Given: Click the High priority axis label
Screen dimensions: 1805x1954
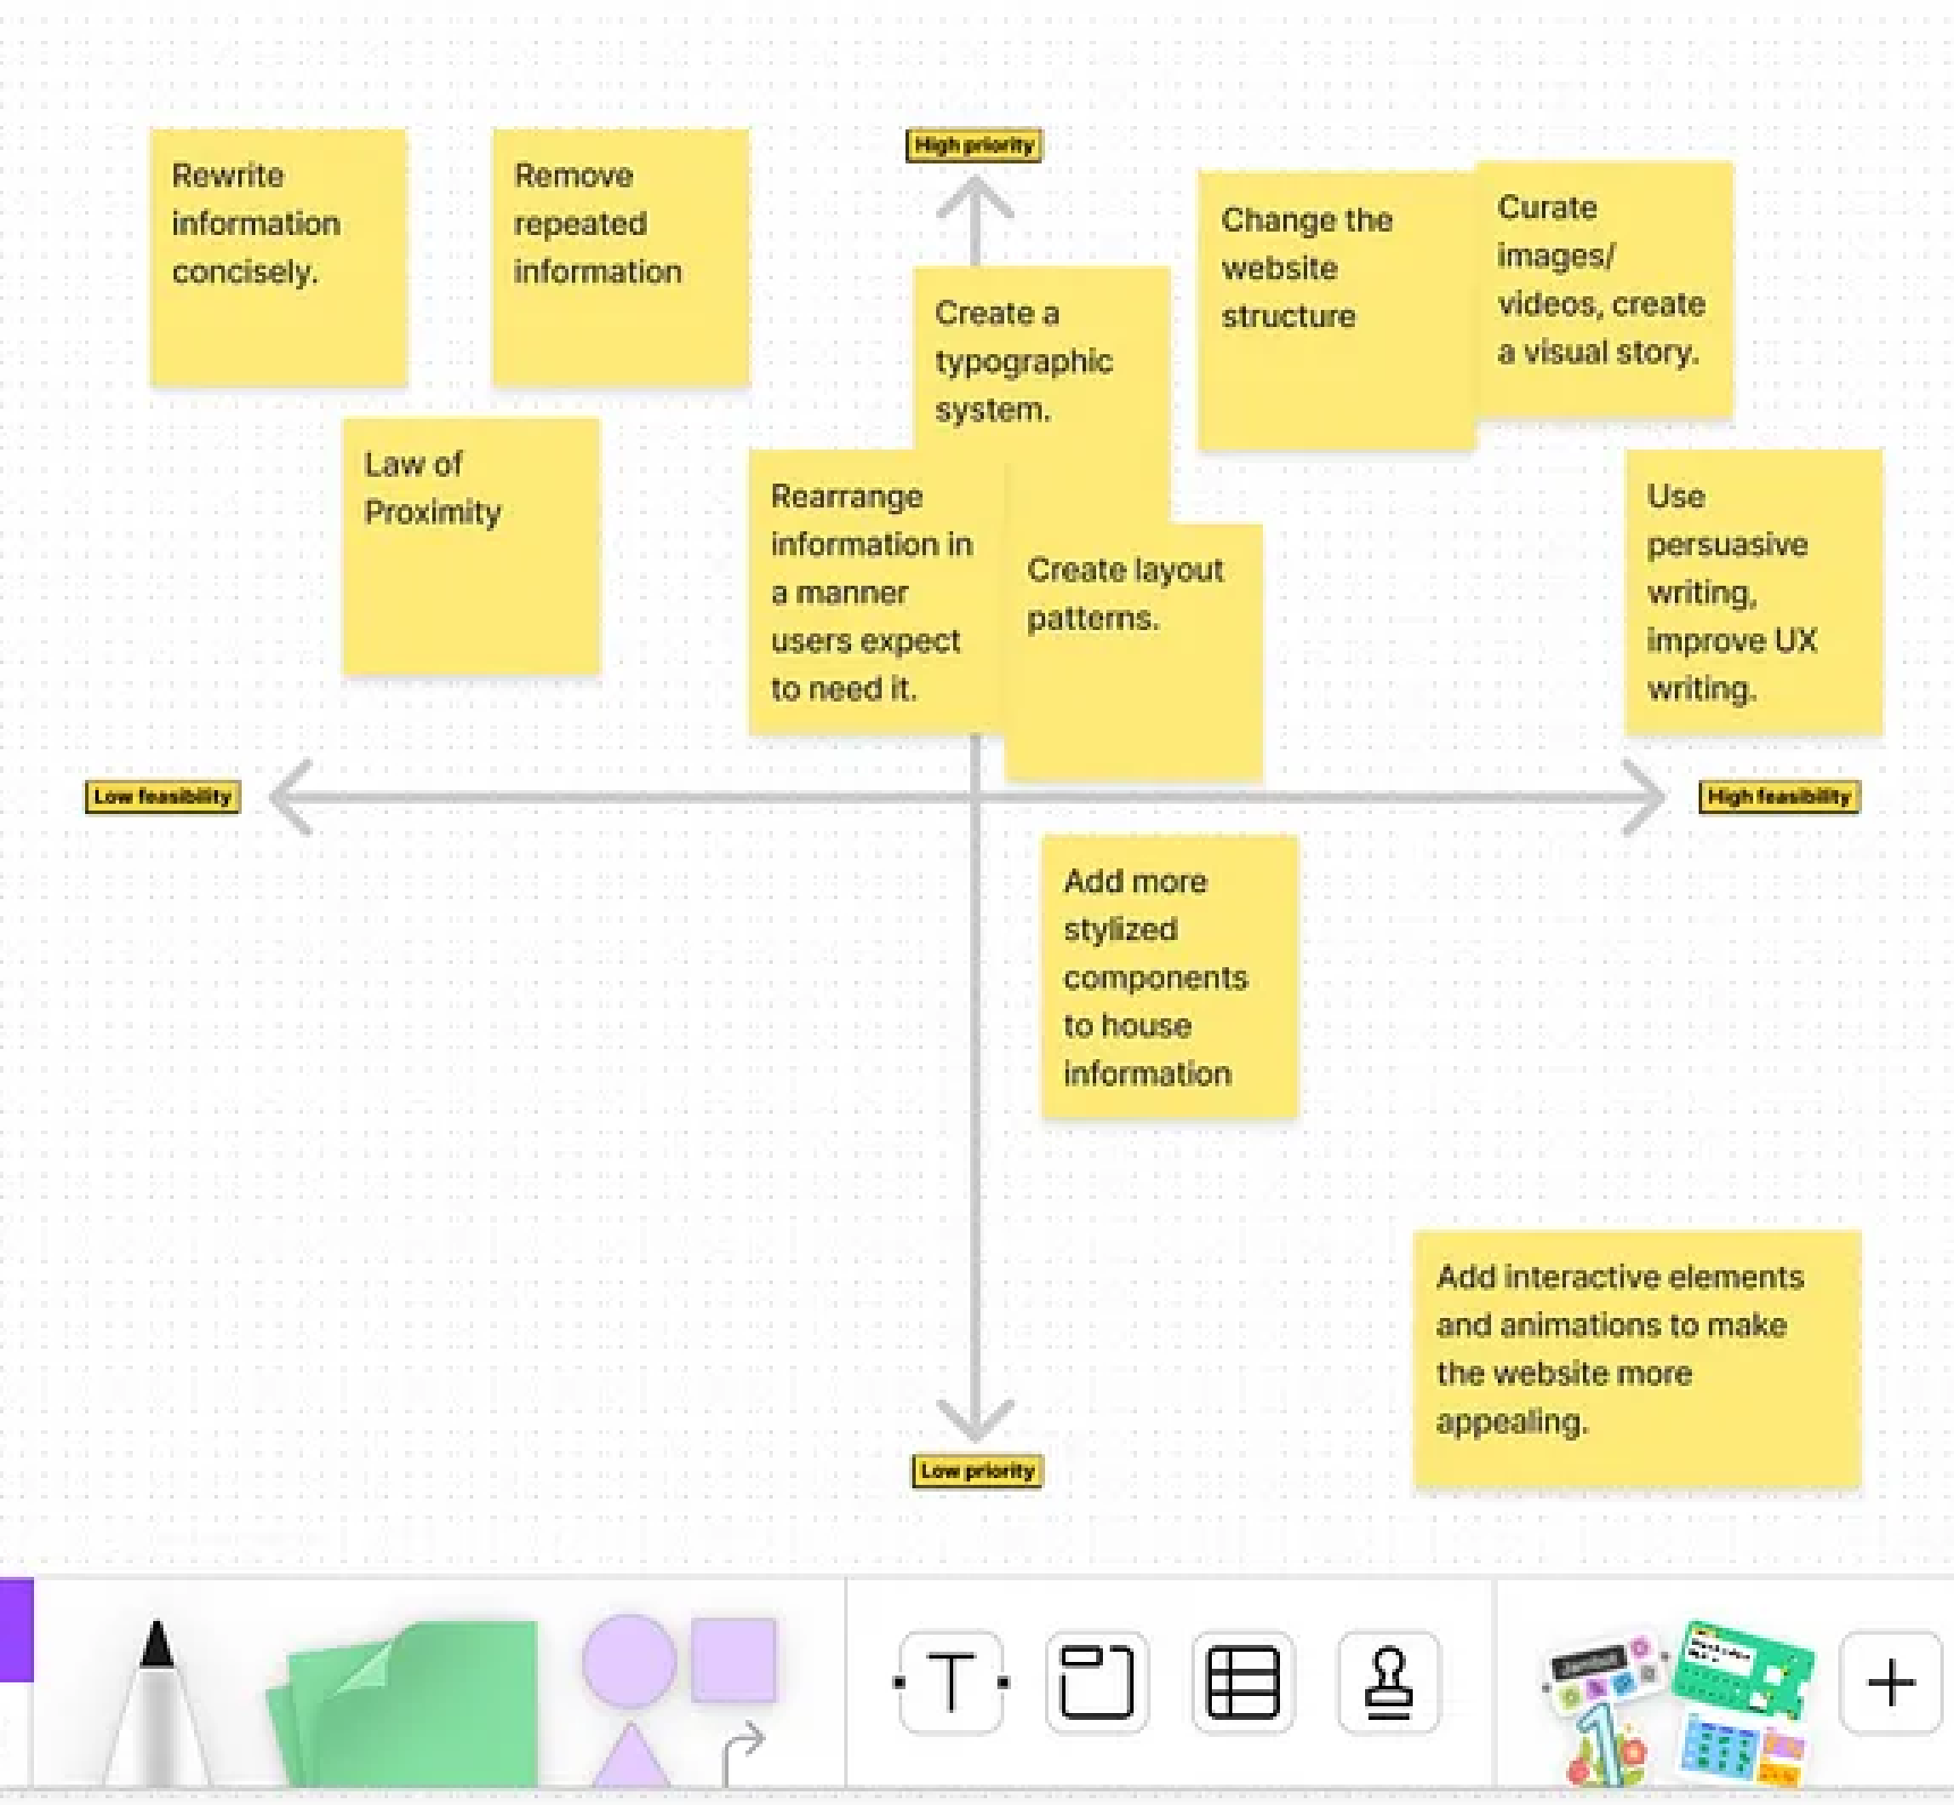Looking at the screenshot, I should [x=974, y=146].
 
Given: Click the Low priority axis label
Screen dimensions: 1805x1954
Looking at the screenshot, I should [x=976, y=1470].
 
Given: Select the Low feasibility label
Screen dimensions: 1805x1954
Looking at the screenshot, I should [x=162, y=796].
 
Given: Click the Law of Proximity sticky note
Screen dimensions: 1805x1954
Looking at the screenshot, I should [x=471, y=546].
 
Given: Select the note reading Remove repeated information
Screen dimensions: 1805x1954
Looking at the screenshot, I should [x=620, y=257].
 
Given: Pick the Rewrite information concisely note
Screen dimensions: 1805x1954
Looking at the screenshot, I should [x=278, y=257].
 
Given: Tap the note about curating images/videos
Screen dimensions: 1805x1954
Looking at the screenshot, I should [x=1603, y=289].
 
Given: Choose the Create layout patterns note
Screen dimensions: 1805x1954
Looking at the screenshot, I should [x=1133, y=651].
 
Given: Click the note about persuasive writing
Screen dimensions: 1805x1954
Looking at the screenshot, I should [x=1753, y=592].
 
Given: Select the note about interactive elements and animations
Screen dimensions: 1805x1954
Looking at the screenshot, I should [x=1636, y=1358].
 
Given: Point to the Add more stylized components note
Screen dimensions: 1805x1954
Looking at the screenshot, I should [x=1168, y=976].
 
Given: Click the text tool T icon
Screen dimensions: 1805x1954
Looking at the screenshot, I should [x=950, y=1682].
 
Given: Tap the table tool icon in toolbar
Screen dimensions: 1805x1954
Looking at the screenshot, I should [x=1243, y=1682].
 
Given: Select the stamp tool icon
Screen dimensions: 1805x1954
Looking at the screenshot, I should [x=1387, y=1682].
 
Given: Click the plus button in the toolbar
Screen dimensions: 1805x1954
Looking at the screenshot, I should [x=1889, y=1682].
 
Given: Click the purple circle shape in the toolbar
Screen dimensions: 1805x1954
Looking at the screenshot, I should [x=629, y=1660].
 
